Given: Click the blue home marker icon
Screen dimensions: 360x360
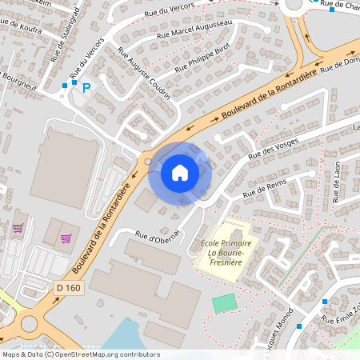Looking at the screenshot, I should [180, 172].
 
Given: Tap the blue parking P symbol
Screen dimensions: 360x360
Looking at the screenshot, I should [89, 86].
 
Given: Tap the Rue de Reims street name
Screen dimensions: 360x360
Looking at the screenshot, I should [264, 189].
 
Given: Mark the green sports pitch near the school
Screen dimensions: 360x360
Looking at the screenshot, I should [225, 303].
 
